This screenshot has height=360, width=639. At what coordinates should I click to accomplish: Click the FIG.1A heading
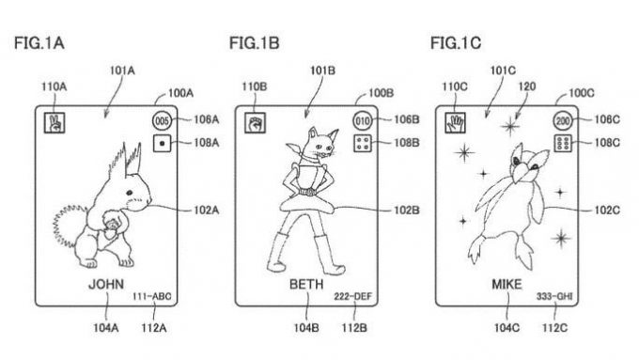[x=39, y=43]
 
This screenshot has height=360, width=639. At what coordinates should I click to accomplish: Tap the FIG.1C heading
[x=456, y=43]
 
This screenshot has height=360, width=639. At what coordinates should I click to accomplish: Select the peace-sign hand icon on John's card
[x=55, y=123]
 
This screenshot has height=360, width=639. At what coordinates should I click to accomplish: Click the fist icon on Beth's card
[x=255, y=123]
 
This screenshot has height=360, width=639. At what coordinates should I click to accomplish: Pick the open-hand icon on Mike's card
[x=455, y=123]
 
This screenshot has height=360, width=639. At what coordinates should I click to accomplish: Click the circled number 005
[x=162, y=120]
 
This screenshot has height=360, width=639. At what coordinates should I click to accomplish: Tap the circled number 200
[x=563, y=120]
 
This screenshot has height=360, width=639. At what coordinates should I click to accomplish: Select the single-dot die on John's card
[x=162, y=144]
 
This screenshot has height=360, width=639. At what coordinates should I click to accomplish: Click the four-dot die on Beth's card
[x=363, y=144]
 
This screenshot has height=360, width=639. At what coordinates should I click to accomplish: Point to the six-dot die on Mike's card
[x=563, y=144]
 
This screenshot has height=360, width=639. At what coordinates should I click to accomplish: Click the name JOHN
[x=106, y=284]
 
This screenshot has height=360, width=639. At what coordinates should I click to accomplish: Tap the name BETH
[x=306, y=284]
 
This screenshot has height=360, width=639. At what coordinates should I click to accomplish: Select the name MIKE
[x=507, y=284]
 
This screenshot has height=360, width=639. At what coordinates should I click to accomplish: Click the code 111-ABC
[x=151, y=296]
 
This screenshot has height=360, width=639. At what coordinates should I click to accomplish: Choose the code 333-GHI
[x=554, y=296]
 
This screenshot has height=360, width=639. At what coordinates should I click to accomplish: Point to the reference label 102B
[x=406, y=211]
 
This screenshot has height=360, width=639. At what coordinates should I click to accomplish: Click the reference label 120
[x=527, y=86]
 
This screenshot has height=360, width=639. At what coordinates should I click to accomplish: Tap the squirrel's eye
[x=129, y=193]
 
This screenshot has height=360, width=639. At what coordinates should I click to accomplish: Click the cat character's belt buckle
[x=307, y=191]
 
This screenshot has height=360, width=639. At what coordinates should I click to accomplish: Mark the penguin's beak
[x=521, y=173]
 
